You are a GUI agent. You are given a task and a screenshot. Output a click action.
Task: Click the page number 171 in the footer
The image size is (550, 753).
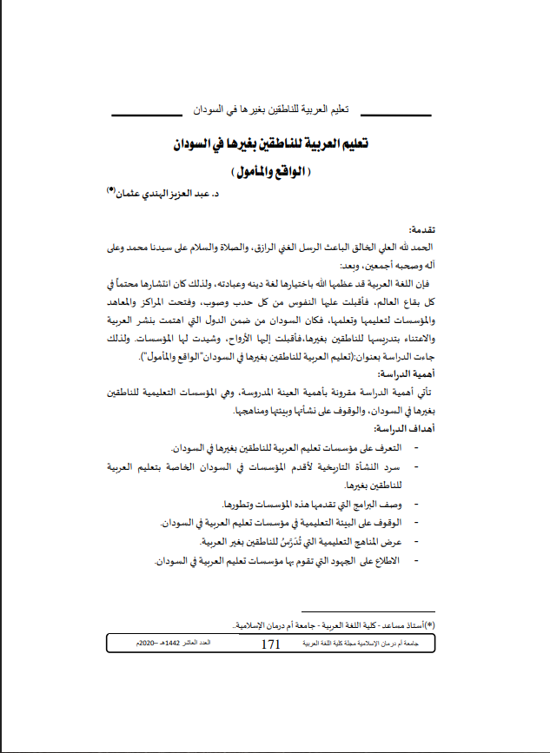click(x=270, y=644)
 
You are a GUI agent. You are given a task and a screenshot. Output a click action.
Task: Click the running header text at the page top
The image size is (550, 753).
click(x=270, y=112)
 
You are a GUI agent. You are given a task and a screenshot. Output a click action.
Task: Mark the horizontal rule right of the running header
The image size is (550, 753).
click(x=395, y=115)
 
